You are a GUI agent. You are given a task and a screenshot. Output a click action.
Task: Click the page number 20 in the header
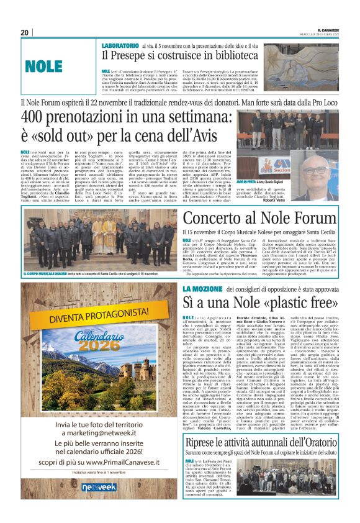pyautogui.click(x=25, y=32)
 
